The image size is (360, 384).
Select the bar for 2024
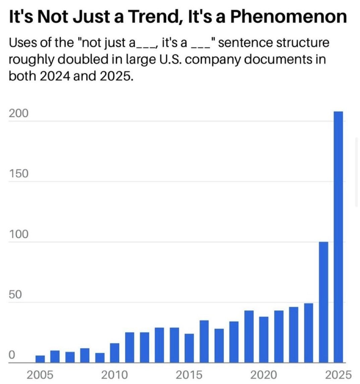coord(323,302)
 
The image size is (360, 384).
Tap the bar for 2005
coord(40,359)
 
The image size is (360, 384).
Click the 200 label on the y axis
coord(18,114)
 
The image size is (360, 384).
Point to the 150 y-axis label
coord(18,174)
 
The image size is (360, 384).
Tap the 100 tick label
coord(18,234)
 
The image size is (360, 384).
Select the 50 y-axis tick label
coord(15,294)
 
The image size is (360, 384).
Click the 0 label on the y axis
coord(12,355)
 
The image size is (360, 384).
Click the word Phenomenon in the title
coord(288,17)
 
